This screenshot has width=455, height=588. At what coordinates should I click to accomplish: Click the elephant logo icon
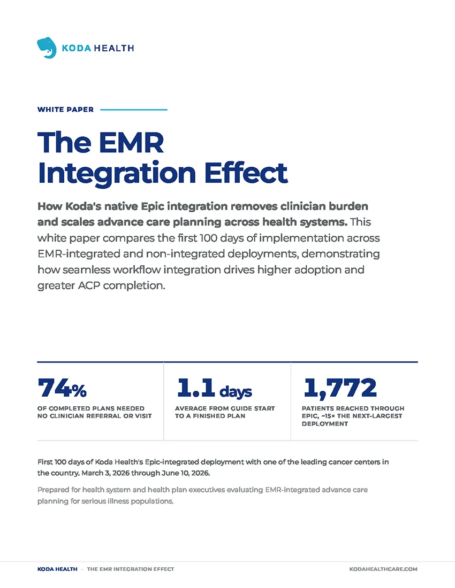47,48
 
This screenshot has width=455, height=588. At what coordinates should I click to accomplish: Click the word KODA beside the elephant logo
77,48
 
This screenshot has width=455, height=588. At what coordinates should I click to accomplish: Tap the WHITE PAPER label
65,110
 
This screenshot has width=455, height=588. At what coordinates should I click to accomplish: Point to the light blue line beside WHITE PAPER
134,110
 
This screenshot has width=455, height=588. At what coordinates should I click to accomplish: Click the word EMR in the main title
131,143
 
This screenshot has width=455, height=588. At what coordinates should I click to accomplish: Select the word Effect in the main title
246,173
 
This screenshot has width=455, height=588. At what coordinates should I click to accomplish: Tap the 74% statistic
62,388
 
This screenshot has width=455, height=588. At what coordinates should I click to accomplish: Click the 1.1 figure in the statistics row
195,388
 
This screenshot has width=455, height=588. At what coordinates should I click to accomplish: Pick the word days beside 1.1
236,391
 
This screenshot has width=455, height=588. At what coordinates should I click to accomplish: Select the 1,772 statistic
340,388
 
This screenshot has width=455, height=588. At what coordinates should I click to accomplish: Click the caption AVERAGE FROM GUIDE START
225,408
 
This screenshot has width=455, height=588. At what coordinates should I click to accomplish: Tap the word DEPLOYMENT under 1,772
325,424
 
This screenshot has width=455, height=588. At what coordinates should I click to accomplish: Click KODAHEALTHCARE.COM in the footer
383,569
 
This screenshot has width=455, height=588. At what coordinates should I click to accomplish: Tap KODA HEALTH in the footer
57,569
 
